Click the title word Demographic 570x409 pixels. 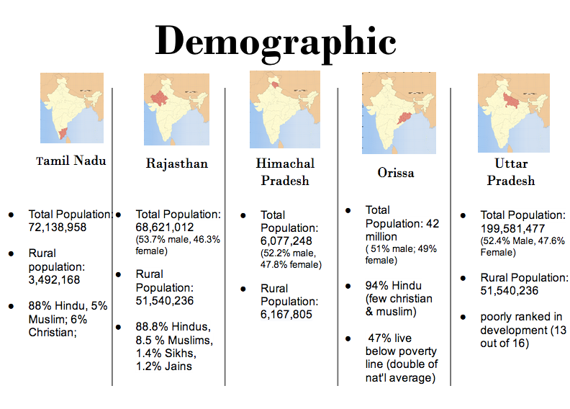pos(276,40)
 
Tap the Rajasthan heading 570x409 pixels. pos(176,163)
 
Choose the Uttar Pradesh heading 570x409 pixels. pos(511,172)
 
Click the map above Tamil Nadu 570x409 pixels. pos(71,108)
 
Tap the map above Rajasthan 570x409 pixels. pos(176,110)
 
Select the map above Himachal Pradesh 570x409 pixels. pos(284,109)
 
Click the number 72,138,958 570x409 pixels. pos(58,227)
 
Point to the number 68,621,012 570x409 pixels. pos(165,227)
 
